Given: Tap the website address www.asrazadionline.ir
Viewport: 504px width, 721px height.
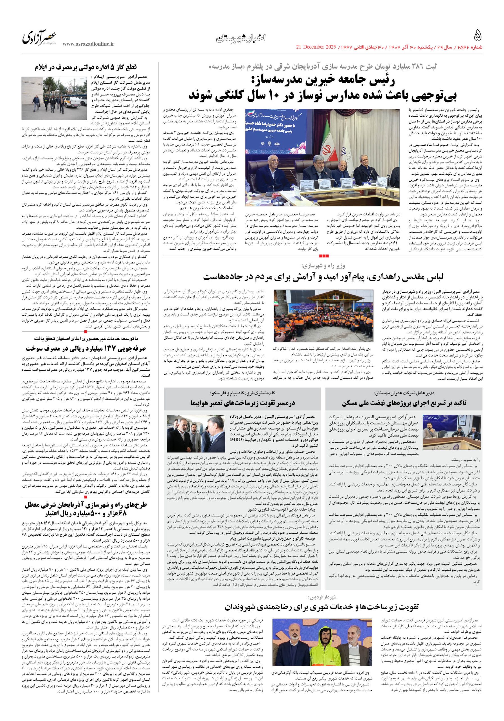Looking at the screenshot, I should click(89, 45).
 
